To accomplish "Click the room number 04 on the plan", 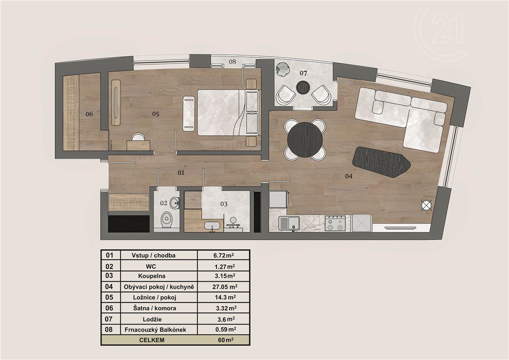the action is tap(348, 176).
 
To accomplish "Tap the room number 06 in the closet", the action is tap(89, 114).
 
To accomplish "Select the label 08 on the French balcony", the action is tap(232, 61).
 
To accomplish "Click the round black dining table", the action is tap(305, 140).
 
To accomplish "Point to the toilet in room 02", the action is tap(167, 220).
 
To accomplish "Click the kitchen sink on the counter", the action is tap(290, 223).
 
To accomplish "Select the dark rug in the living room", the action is tap(381, 162).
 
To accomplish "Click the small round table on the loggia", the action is tap(304, 87).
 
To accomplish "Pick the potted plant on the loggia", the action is tap(282, 70).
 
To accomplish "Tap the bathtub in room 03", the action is tap(212, 226).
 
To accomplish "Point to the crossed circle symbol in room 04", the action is tap(426, 206).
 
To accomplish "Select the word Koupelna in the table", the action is tap(152, 276).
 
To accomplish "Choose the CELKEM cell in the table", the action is tap(152, 340).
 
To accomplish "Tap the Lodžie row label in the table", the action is tap(152, 319).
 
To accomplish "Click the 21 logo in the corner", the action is tap(447, 30).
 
